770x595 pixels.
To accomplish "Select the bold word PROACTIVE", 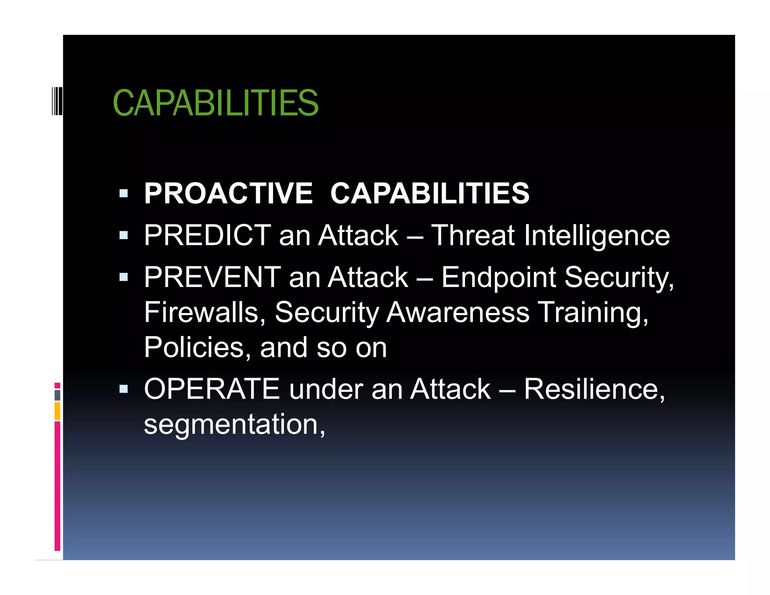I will pyautogui.click(x=228, y=193).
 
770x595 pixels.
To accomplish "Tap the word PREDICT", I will pyautogui.click(x=208, y=235).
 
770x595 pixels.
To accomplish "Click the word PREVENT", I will pyautogui.click(x=212, y=277).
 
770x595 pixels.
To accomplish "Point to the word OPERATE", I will pyautogui.click(x=212, y=389).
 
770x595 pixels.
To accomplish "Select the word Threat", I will pyautogui.click(x=473, y=235).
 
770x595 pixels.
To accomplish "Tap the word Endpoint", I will pyautogui.click(x=499, y=277).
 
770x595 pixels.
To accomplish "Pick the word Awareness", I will pyautogui.click(x=458, y=312).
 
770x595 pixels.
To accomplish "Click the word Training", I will pyautogui.click(x=593, y=312).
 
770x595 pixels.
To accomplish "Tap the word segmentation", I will pyautogui.click(x=232, y=424).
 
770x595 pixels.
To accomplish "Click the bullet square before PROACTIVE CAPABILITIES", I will pyautogui.click(x=124, y=194).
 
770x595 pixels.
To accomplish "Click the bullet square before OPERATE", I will pyautogui.click(x=124, y=389).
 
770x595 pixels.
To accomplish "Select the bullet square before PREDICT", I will pyautogui.click(x=124, y=235).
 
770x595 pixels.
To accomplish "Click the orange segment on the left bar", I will pyautogui.click(x=57, y=411).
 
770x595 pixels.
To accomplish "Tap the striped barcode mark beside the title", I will pyautogui.click(x=57, y=100).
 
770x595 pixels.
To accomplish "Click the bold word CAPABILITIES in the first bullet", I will pyautogui.click(x=430, y=193).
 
